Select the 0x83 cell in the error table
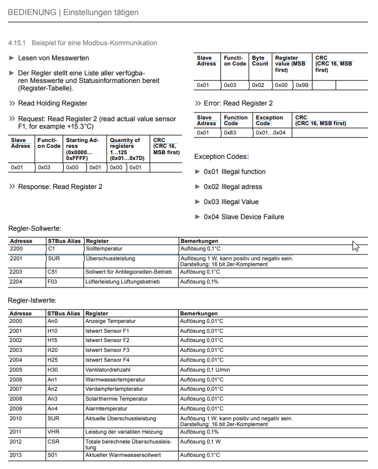(x=231, y=133)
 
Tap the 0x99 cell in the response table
(x=301, y=85)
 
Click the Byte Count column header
(x=260, y=61)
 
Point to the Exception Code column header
(x=270, y=120)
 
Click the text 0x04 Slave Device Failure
(x=244, y=217)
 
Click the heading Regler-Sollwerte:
(x=34, y=229)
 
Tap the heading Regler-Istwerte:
(x=32, y=300)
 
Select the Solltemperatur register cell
(x=105, y=248)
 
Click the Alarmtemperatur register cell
(x=107, y=408)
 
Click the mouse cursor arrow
(x=355, y=246)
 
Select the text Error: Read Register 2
(x=238, y=103)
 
